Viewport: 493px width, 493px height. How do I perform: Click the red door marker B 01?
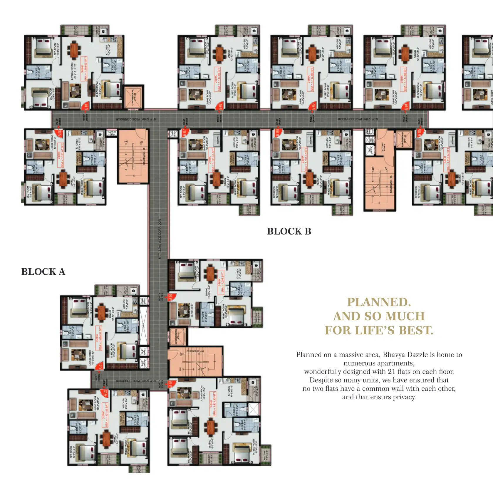point(85,106)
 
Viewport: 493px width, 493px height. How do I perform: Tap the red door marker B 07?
point(184,133)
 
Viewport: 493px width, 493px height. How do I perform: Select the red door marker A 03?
point(171,384)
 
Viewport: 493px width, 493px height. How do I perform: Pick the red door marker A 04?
point(171,297)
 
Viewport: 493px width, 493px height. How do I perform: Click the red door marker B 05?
point(419,133)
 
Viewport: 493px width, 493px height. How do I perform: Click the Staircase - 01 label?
point(195,351)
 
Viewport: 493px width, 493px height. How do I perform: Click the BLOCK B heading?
point(289,232)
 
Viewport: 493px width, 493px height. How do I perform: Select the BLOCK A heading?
point(43,272)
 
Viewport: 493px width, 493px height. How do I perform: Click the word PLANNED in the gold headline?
point(379,302)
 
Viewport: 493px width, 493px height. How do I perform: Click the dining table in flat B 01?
point(74,50)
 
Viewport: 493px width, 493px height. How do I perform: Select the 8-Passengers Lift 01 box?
point(177,337)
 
